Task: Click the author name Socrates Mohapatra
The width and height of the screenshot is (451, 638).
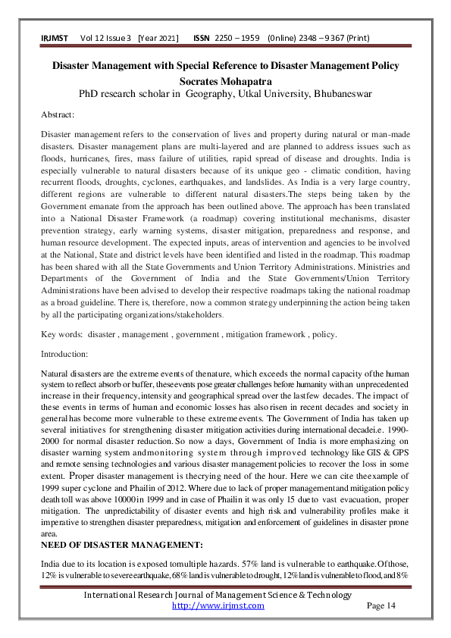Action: click(x=225, y=80)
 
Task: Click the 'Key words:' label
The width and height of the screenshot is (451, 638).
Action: click(x=61, y=334)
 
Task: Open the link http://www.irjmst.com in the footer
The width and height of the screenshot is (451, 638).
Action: click(x=218, y=605)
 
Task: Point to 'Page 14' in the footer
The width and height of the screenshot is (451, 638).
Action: click(x=381, y=605)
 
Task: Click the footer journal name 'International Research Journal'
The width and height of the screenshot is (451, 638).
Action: click(x=152, y=595)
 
